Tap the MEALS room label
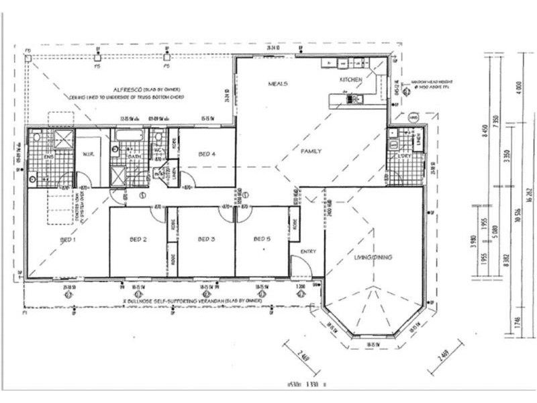278,84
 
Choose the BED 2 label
138,239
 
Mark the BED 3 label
205,239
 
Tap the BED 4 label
206,154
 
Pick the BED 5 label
262,239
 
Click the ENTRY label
308,251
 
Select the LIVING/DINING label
374,257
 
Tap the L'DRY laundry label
405,156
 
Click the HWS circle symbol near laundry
414,118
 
